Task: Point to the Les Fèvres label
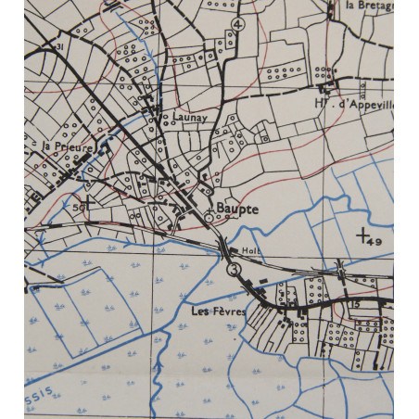point(220,311)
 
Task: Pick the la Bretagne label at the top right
point(369,6)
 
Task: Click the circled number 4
point(238,23)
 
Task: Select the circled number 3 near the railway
point(233,269)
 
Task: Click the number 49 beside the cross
point(374,241)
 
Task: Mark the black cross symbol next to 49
point(362,235)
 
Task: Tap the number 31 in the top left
point(58,44)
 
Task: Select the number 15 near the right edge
point(355,304)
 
